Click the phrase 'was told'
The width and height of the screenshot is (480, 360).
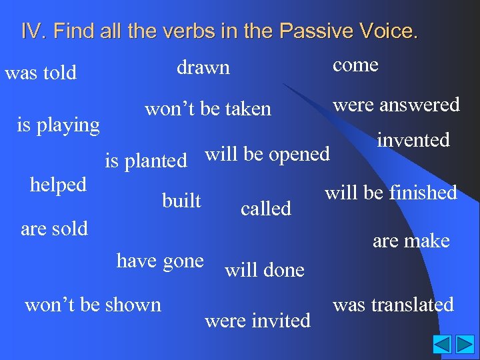[x=41, y=72]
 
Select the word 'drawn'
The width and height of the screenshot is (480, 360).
[x=203, y=67]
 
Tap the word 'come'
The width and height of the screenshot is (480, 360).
[x=355, y=65]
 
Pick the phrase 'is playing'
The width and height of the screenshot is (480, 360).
[x=58, y=125]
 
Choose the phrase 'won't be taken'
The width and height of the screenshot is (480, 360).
[x=208, y=109]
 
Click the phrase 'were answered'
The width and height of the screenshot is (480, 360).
[x=396, y=104]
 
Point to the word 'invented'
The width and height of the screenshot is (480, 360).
[x=413, y=140]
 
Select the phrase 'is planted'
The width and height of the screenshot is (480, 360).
[x=146, y=161]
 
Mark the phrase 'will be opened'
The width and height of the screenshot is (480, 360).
[x=267, y=154]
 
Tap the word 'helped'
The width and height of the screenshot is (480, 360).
[x=58, y=185]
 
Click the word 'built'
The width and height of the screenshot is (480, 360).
[x=181, y=199]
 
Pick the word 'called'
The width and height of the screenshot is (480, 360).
[x=266, y=209]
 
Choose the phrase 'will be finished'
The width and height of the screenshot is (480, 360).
[x=391, y=193]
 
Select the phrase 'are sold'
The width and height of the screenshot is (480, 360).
[x=55, y=229]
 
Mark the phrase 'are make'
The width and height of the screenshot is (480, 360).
[x=411, y=241]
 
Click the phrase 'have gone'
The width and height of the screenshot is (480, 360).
[x=160, y=261]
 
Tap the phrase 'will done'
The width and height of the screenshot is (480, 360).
[x=265, y=270]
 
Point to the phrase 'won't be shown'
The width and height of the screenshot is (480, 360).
[x=93, y=305]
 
